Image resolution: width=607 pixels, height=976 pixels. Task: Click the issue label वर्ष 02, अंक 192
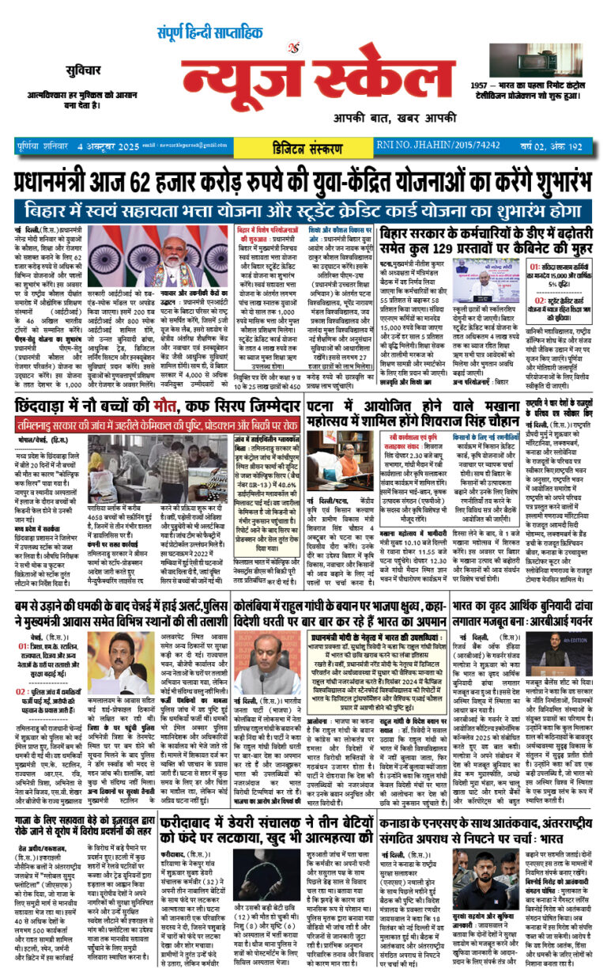click(555, 146)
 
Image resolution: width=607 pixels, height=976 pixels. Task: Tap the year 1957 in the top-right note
click(483, 85)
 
